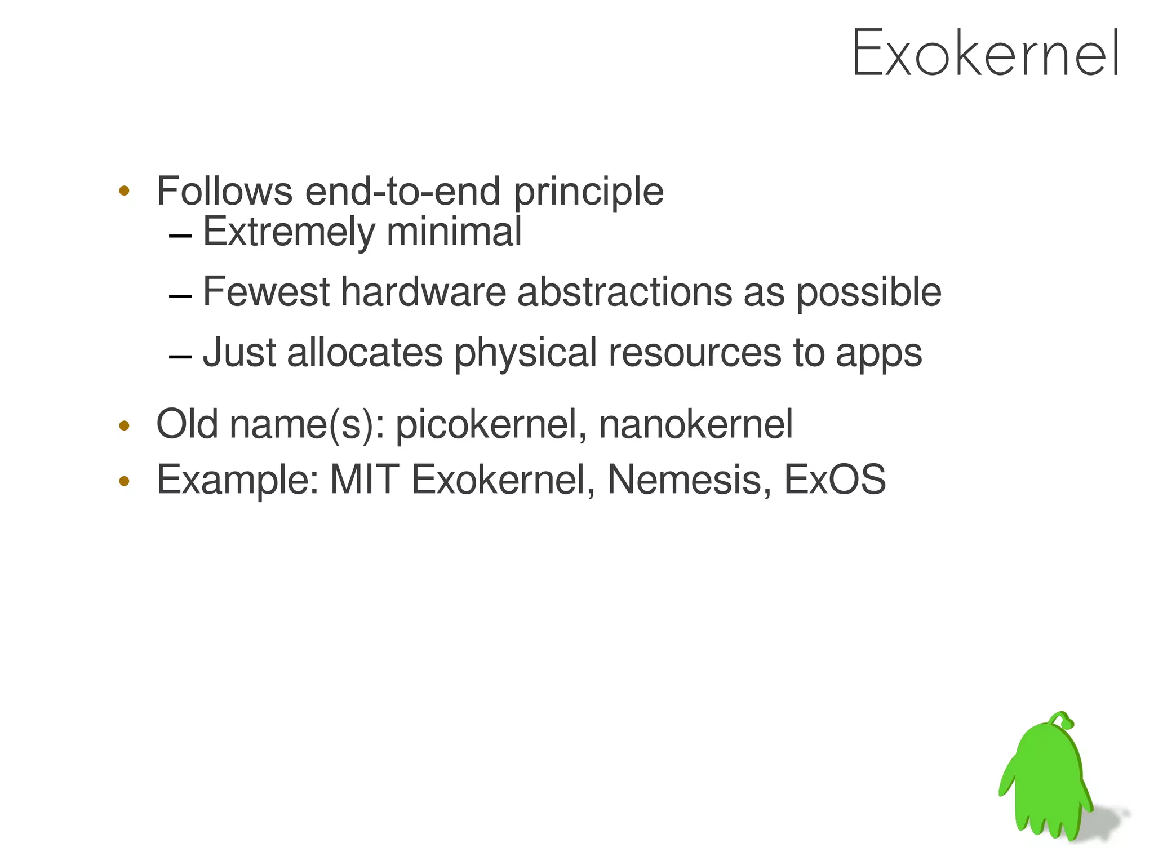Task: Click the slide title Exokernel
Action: pos(985,54)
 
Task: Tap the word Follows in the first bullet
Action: pos(224,191)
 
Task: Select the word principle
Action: pos(588,192)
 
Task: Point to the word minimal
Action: pos(454,232)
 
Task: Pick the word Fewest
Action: pos(266,292)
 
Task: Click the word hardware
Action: pos(423,292)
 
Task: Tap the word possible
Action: pos(868,293)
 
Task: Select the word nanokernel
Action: pos(695,424)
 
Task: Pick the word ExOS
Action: pos(835,480)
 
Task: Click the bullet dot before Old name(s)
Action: pos(125,425)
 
